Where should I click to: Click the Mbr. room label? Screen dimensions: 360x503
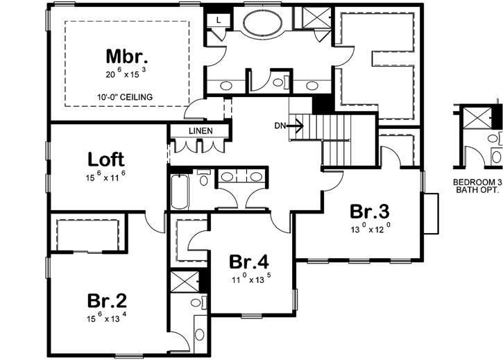click(x=128, y=55)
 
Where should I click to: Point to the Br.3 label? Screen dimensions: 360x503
click(x=369, y=211)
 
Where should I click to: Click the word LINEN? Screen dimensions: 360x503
click(x=200, y=131)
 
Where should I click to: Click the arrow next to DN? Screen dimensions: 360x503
click(x=296, y=126)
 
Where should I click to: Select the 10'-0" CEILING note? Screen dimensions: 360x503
click(x=127, y=96)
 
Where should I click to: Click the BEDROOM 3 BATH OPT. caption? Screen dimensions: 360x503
click(x=477, y=187)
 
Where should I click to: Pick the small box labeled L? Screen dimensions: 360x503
click(x=218, y=20)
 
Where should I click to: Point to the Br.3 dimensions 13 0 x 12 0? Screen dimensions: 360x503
click(x=369, y=227)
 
